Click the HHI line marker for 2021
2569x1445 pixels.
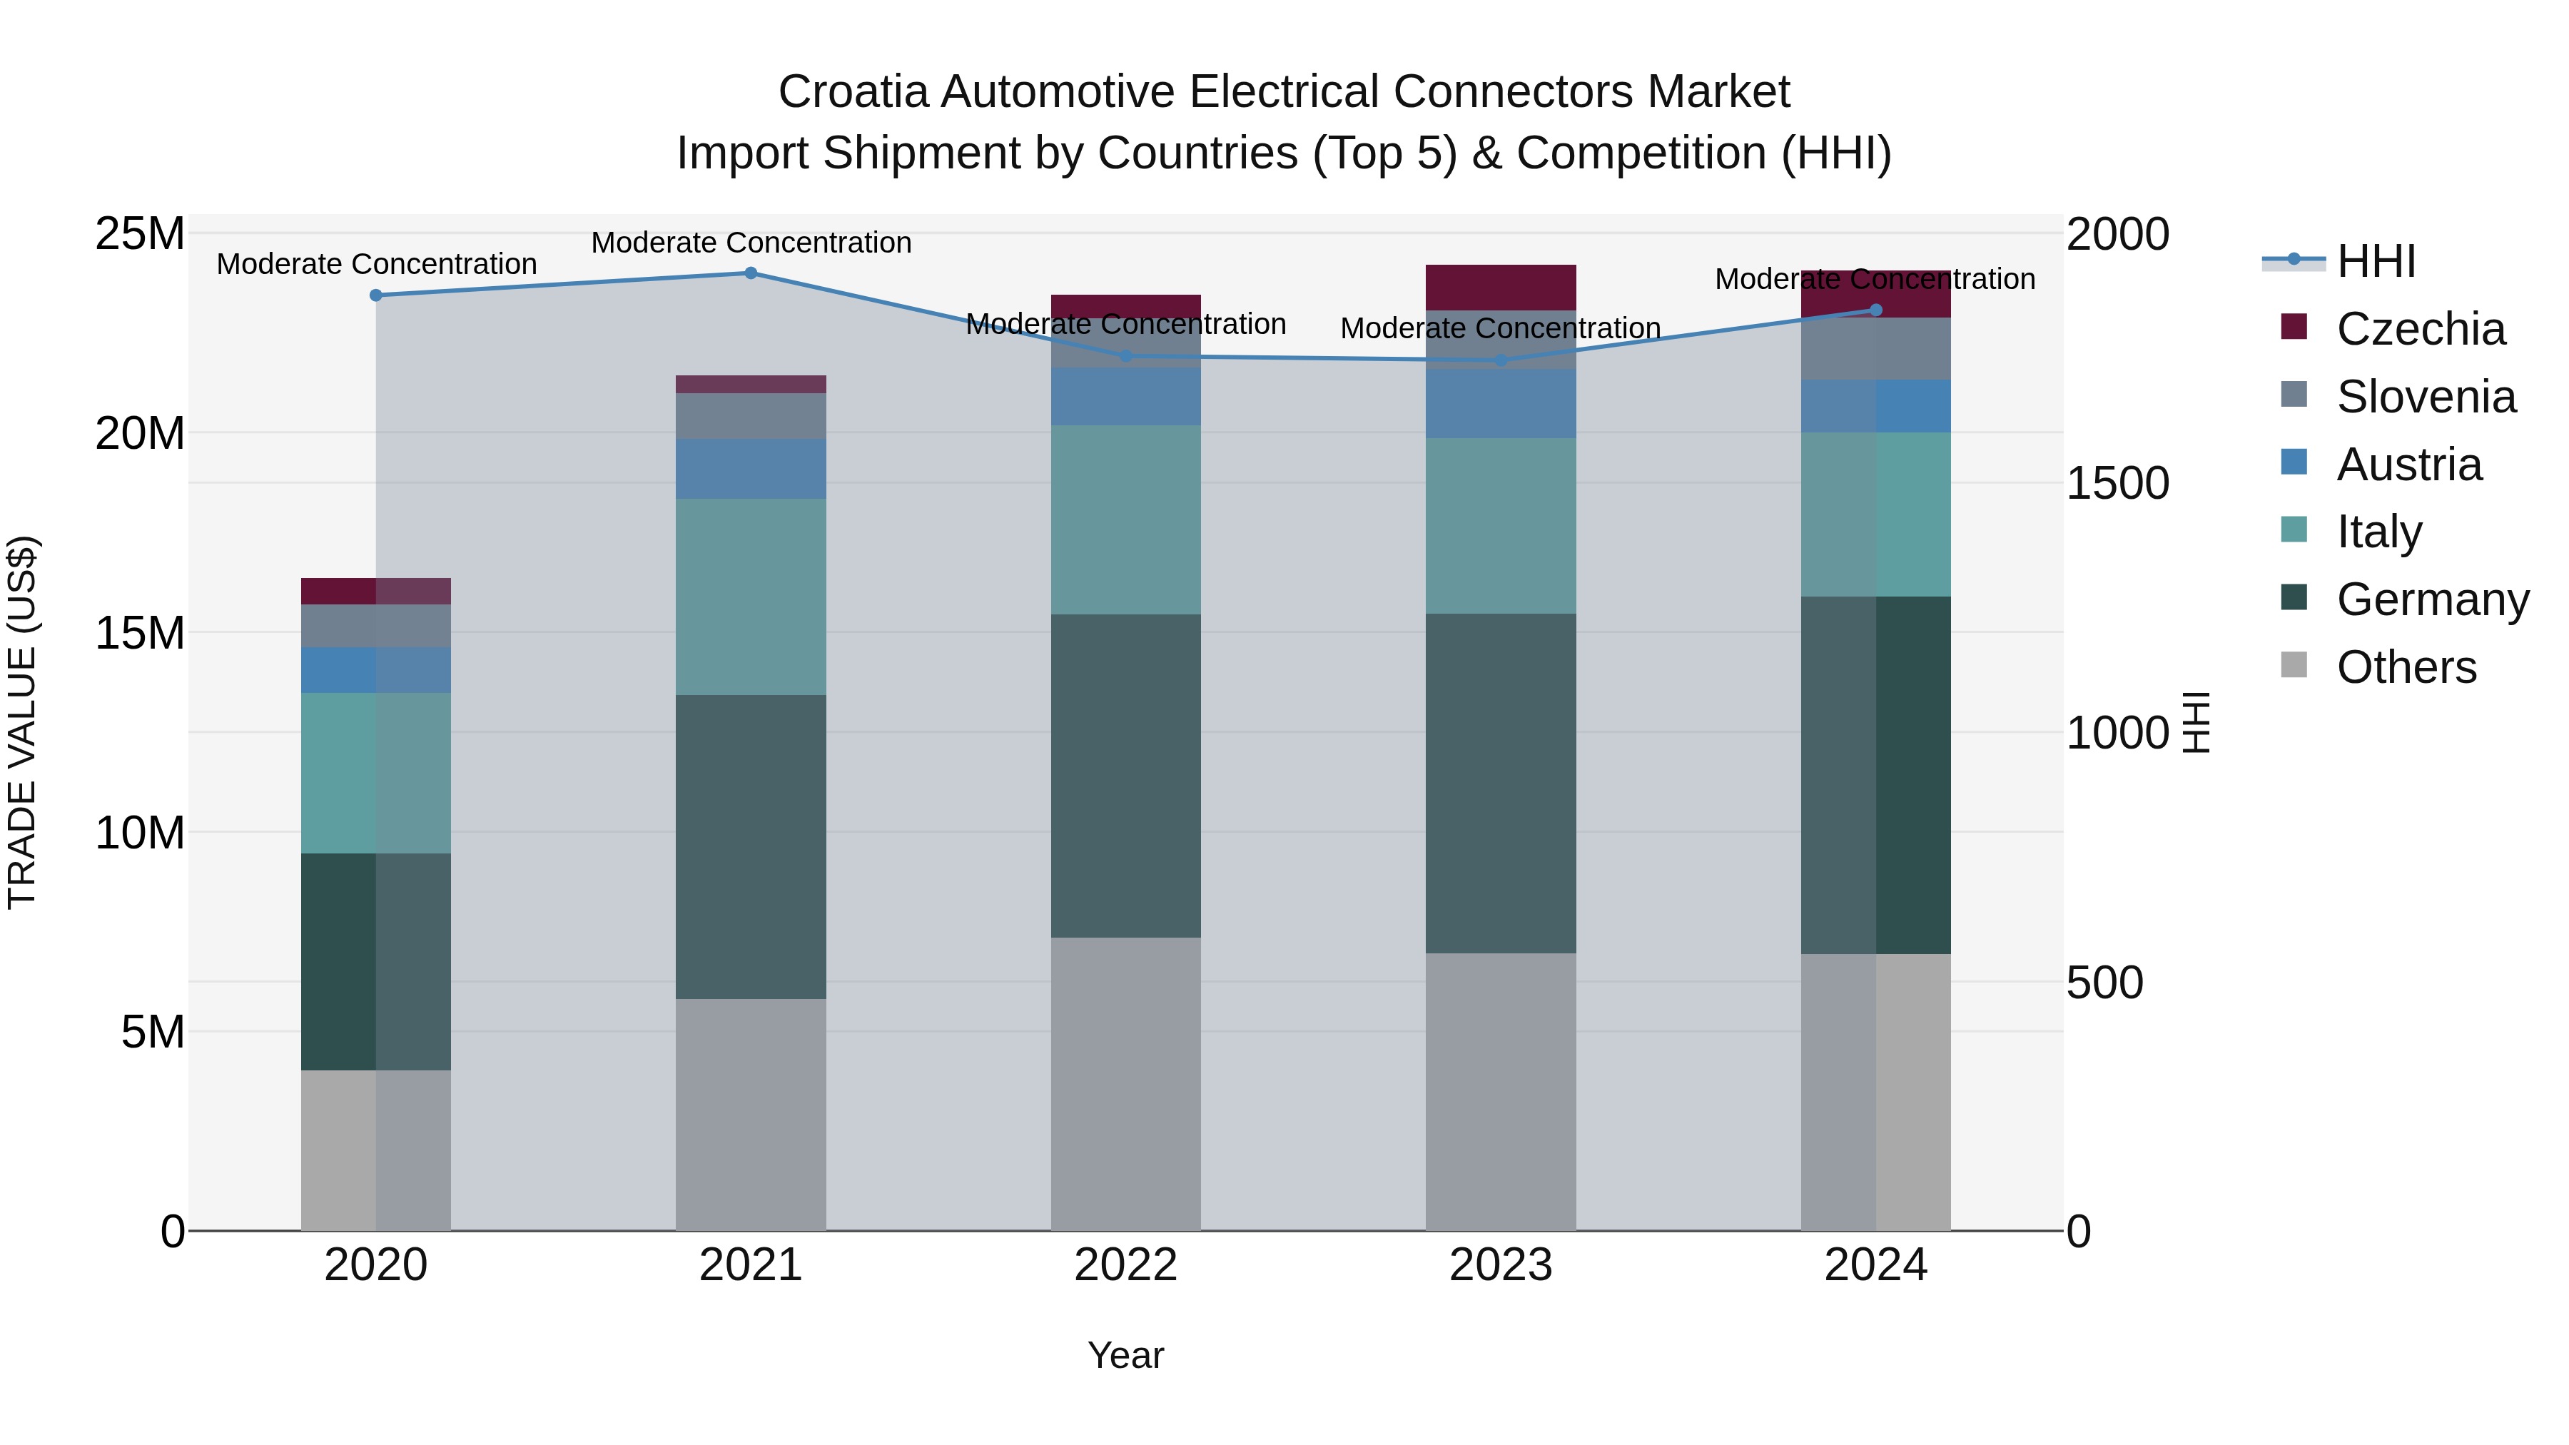(x=751, y=273)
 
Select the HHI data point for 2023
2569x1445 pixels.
(x=1501, y=360)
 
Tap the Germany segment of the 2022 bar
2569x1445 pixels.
(x=1126, y=775)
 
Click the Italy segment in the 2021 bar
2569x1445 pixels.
(x=751, y=597)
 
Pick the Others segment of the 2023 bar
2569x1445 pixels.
(x=1501, y=1091)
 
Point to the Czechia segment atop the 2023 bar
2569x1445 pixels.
(x=1501, y=287)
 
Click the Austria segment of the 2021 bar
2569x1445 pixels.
(x=751, y=469)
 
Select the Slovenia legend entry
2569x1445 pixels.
(x=2426, y=397)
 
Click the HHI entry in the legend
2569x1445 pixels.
(x=2376, y=261)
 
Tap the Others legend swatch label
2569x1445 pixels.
(x=2406, y=667)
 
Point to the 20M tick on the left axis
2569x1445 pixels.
(x=140, y=434)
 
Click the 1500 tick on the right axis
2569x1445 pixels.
(x=2117, y=484)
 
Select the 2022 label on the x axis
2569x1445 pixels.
(x=1126, y=1265)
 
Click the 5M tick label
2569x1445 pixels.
(x=153, y=1032)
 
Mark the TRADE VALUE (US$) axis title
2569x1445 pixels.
(x=22, y=722)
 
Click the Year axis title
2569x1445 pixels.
(x=1126, y=1355)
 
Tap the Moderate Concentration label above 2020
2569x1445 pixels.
(x=376, y=264)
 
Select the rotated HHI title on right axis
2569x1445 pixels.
(x=2197, y=722)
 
